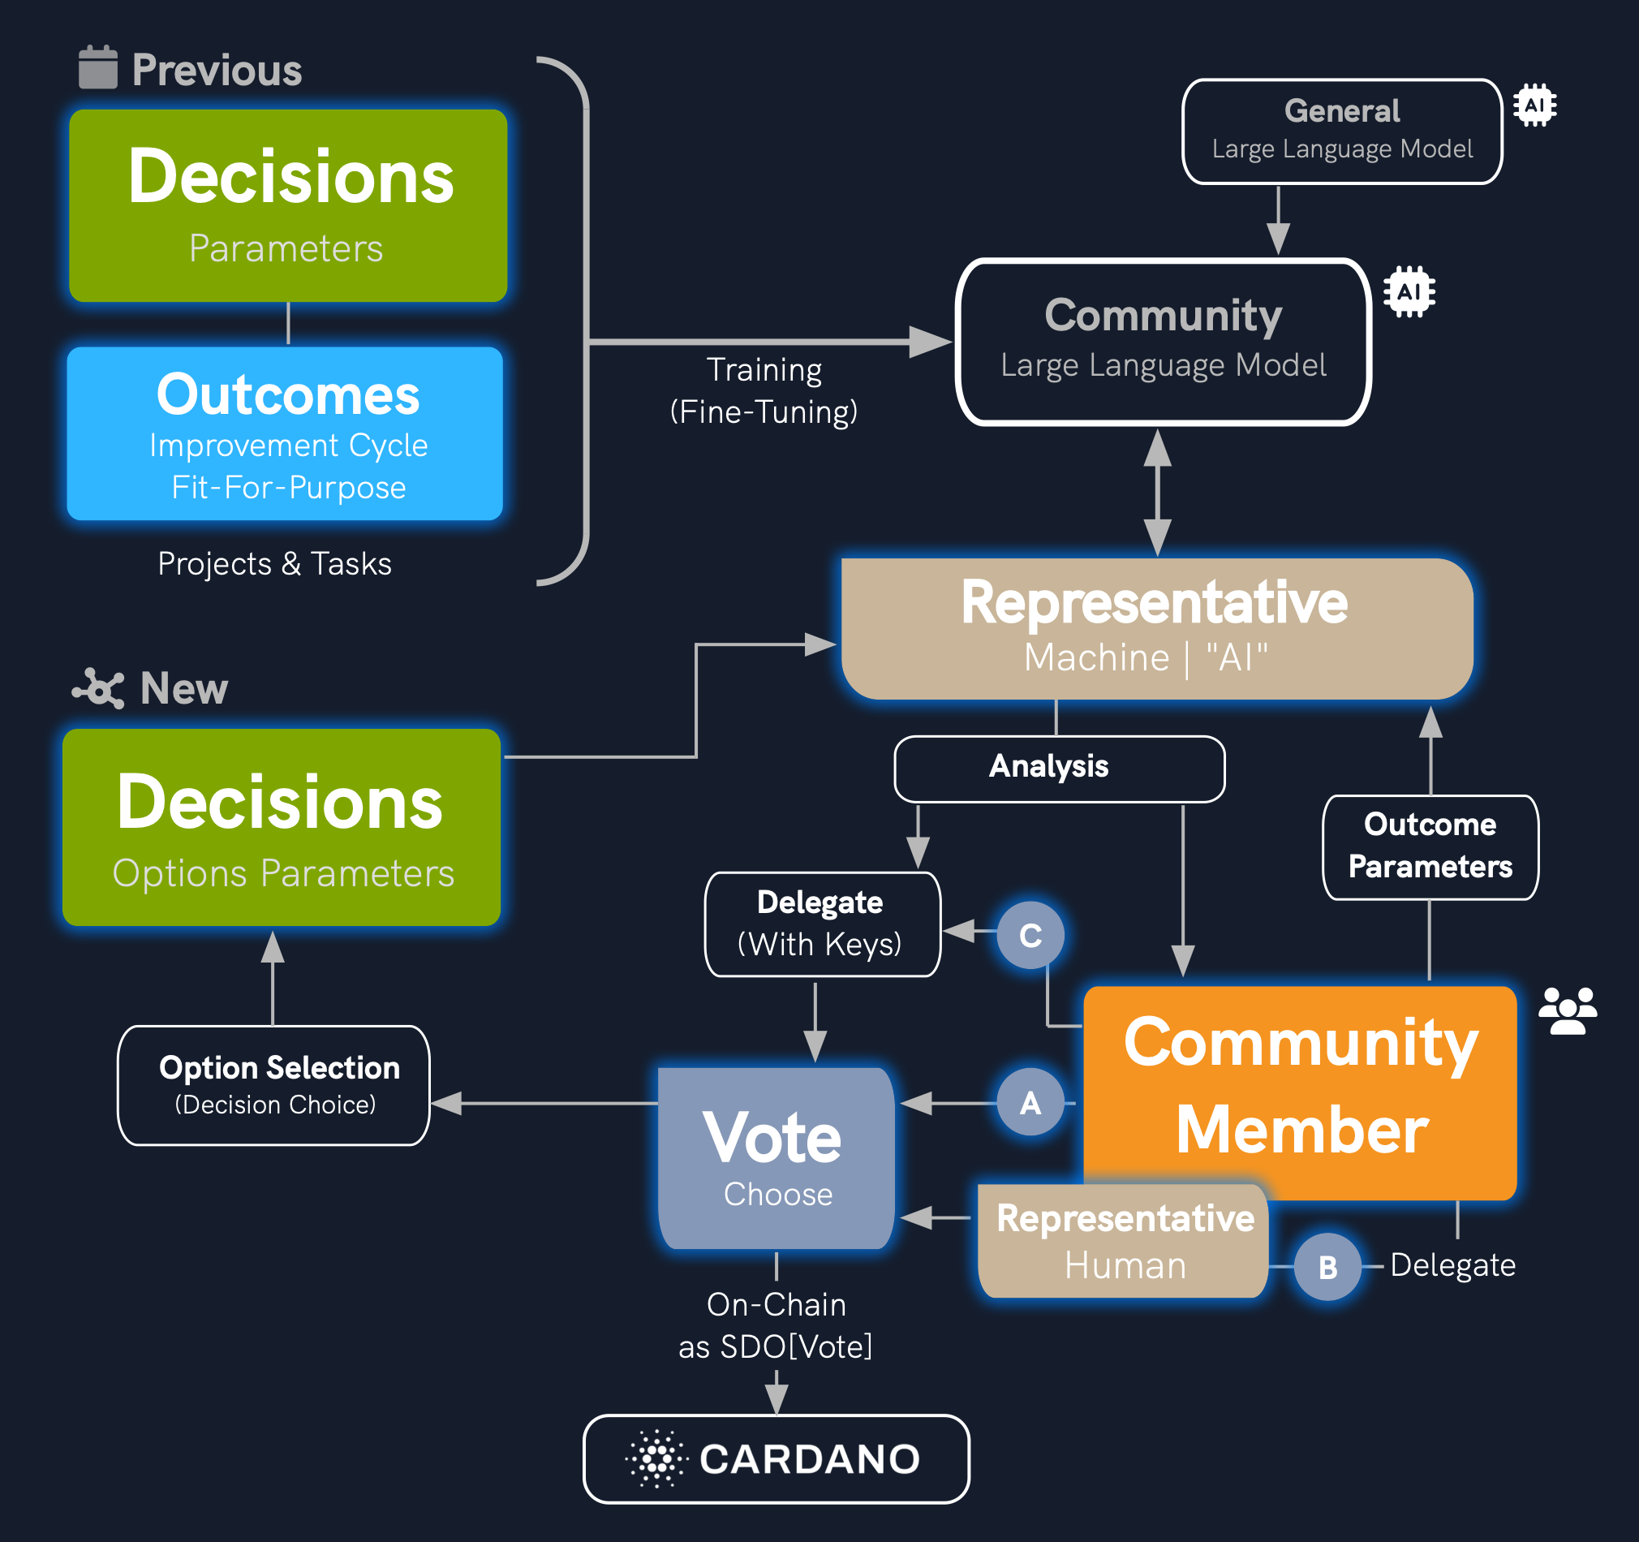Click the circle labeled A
(x=1030, y=1102)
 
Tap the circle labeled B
(x=1327, y=1267)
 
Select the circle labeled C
(x=1030, y=935)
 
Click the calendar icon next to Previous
(x=98, y=67)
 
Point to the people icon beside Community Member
(x=1568, y=1010)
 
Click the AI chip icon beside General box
(x=1534, y=106)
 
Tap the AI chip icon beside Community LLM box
(x=1409, y=292)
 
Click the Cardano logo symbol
(x=657, y=1458)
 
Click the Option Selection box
(x=273, y=1085)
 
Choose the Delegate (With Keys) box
(x=822, y=924)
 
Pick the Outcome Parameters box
(x=1430, y=846)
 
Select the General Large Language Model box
(x=1341, y=131)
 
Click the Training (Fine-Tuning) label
(x=764, y=391)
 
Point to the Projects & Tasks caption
(x=274, y=564)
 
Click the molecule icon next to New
(x=99, y=687)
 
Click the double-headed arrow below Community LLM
(x=1158, y=493)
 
